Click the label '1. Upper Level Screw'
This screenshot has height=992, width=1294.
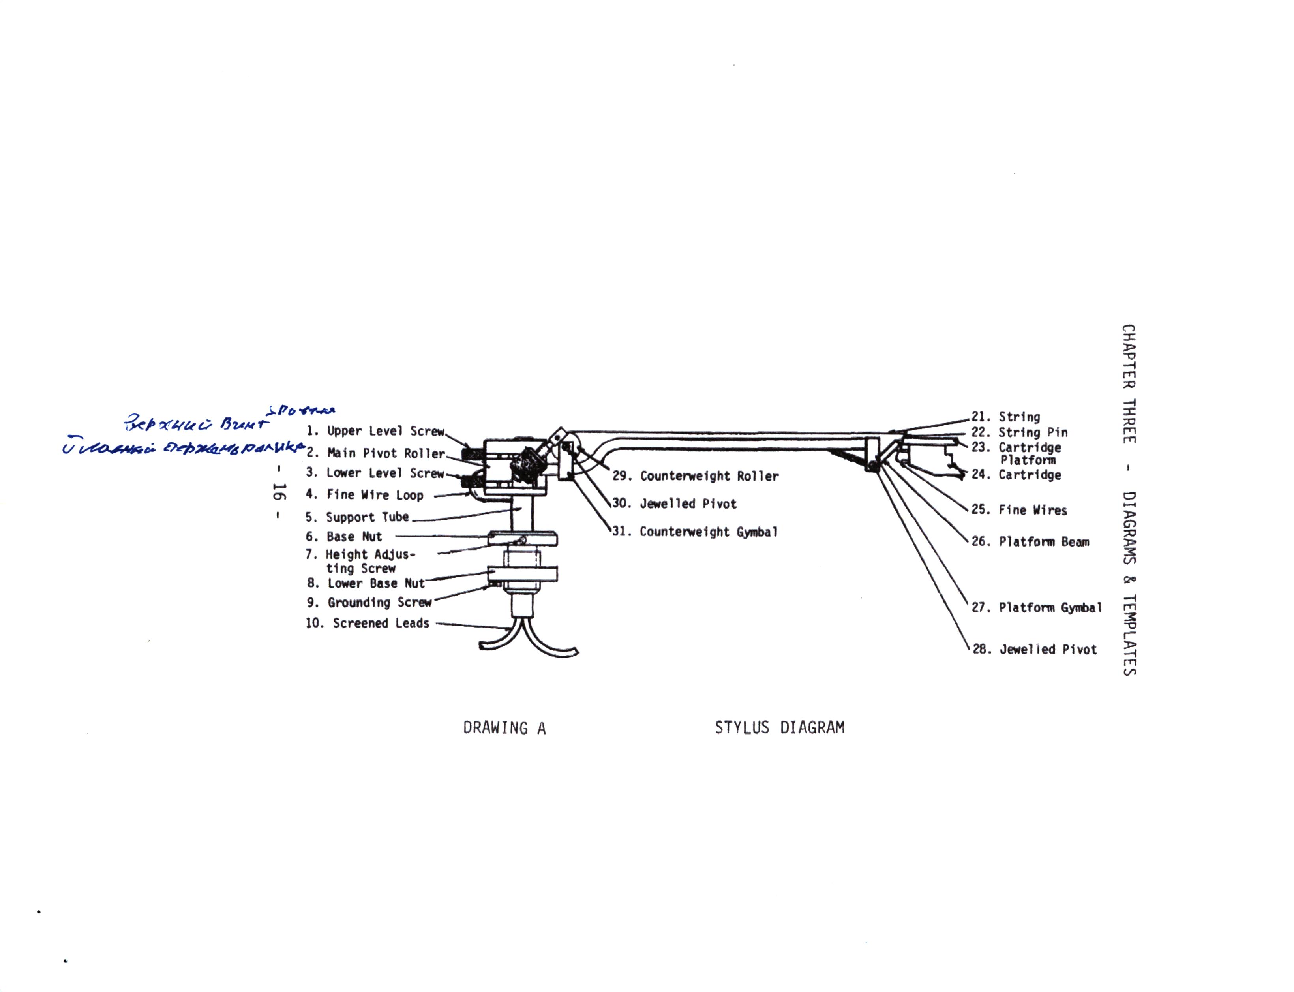[x=375, y=431]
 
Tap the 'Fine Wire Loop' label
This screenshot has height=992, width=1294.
[x=364, y=495]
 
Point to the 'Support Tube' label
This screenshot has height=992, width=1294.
[x=357, y=517]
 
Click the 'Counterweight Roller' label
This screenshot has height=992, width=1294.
[x=696, y=476]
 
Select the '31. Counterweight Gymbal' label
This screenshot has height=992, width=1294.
[x=695, y=532]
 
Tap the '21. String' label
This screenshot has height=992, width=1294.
[x=1006, y=417]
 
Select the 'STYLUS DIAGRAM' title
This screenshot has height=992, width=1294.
[x=779, y=727]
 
